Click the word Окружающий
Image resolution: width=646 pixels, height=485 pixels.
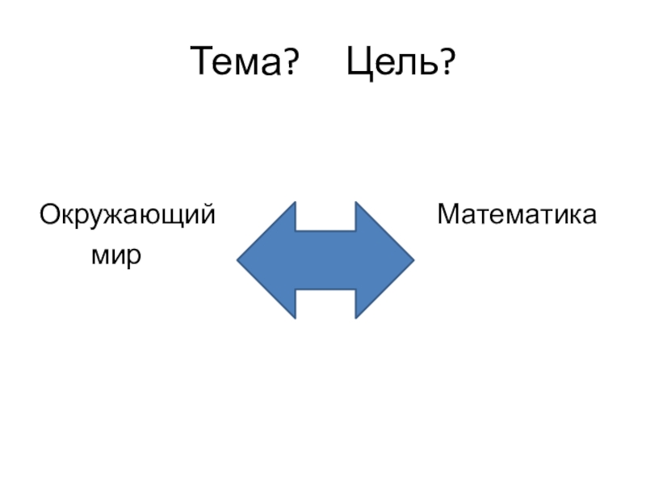pyautogui.click(x=128, y=217)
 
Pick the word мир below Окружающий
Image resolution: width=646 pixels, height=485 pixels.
pyautogui.click(x=117, y=256)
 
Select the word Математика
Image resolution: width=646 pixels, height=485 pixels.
pyautogui.click(x=518, y=215)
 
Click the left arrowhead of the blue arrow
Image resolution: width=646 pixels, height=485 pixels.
pyautogui.click(x=266, y=259)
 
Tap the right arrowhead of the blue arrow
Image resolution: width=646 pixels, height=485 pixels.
pyautogui.click(x=384, y=259)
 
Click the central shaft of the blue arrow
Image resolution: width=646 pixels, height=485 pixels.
pyautogui.click(x=325, y=259)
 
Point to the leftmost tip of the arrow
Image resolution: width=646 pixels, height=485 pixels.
pyautogui.click(x=238, y=259)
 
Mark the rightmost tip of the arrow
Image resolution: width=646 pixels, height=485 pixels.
pyautogui.click(x=413, y=259)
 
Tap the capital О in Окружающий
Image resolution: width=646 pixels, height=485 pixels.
pyautogui.click(x=50, y=215)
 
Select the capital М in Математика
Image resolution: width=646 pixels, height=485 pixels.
pyautogui.click(x=448, y=215)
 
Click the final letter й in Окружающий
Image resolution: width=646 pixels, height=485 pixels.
pyautogui.click(x=208, y=215)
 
